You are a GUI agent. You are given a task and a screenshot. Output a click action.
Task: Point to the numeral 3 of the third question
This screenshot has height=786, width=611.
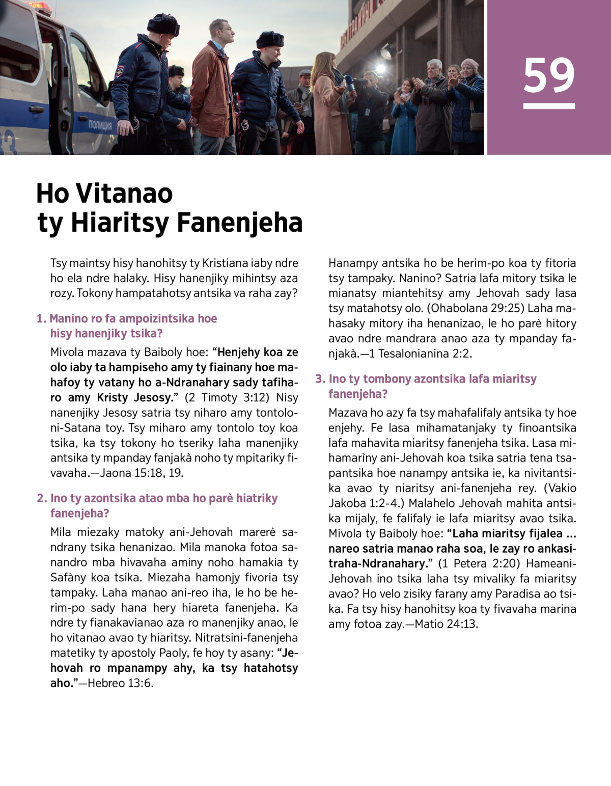[319, 379]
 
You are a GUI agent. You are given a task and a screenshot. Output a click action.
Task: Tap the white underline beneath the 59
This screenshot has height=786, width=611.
[549, 106]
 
